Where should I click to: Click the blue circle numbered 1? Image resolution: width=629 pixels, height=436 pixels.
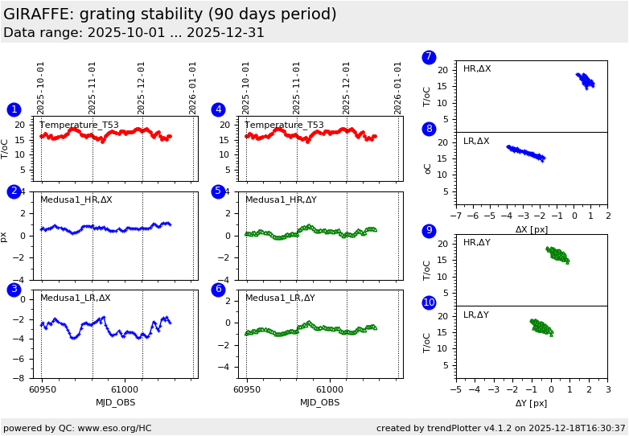pyautogui.click(x=14, y=109)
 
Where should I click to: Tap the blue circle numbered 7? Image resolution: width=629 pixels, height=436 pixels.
pyautogui.click(x=429, y=57)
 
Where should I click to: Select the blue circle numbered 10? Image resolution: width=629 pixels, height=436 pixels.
pyautogui.click(x=429, y=302)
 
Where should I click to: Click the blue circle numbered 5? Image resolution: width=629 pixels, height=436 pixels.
pyautogui.click(x=218, y=191)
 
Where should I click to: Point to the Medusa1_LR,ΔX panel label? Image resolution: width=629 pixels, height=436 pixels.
pyautogui.click(x=76, y=298)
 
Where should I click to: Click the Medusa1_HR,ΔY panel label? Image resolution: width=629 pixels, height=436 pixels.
pyautogui.click(x=281, y=199)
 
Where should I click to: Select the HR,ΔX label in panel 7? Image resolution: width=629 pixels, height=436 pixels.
pyautogui.click(x=477, y=69)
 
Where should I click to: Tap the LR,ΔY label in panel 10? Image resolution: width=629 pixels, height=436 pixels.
pyautogui.click(x=476, y=315)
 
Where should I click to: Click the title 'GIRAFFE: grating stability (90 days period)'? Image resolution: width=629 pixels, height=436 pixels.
pyautogui.click(x=170, y=14)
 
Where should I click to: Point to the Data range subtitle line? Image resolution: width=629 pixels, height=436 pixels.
pyautogui.click(x=134, y=33)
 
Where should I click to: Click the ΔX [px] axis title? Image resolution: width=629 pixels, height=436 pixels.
pyautogui.click(x=531, y=229)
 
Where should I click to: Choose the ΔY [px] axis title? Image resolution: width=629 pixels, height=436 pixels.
pyautogui.click(x=531, y=403)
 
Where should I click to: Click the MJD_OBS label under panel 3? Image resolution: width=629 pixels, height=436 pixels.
pyautogui.click(x=115, y=402)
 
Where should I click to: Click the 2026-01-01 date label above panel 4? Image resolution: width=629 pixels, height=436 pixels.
pyautogui.click(x=398, y=88)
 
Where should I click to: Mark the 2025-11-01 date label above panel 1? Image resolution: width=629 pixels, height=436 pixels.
pyautogui.click(x=92, y=88)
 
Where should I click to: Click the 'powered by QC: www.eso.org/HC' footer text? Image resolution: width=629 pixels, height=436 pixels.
pyautogui.click(x=77, y=428)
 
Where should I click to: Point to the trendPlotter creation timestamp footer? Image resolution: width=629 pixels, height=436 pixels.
pyautogui.click(x=500, y=428)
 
